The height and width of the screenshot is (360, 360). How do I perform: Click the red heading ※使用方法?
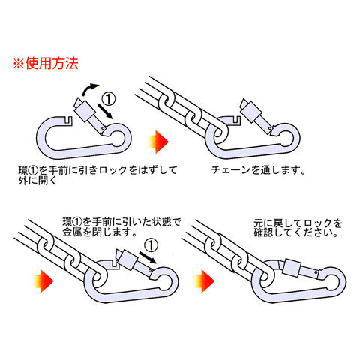point(46,63)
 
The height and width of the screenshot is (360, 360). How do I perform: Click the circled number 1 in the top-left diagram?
point(109,99)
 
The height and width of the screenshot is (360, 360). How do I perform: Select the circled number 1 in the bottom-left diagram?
point(151,245)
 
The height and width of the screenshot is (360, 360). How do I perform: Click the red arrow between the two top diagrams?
point(158,142)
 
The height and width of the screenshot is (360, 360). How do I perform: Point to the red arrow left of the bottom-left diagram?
point(43,281)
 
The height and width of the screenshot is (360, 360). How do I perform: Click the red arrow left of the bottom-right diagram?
point(204,281)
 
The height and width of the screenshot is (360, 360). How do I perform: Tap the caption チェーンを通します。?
point(259,170)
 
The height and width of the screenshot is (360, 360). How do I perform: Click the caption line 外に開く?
point(37,181)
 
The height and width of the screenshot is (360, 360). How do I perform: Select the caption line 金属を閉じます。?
point(100,232)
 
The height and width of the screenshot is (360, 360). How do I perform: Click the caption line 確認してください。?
point(296,232)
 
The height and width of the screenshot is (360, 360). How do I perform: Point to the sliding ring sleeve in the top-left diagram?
point(85,110)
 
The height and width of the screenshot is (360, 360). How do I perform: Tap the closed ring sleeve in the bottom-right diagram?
point(292,268)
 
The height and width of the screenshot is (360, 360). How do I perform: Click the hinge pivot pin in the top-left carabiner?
point(103,128)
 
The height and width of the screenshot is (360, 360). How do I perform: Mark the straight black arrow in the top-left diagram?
point(105,111)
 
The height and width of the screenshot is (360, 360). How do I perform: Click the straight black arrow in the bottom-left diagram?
point(148,257)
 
